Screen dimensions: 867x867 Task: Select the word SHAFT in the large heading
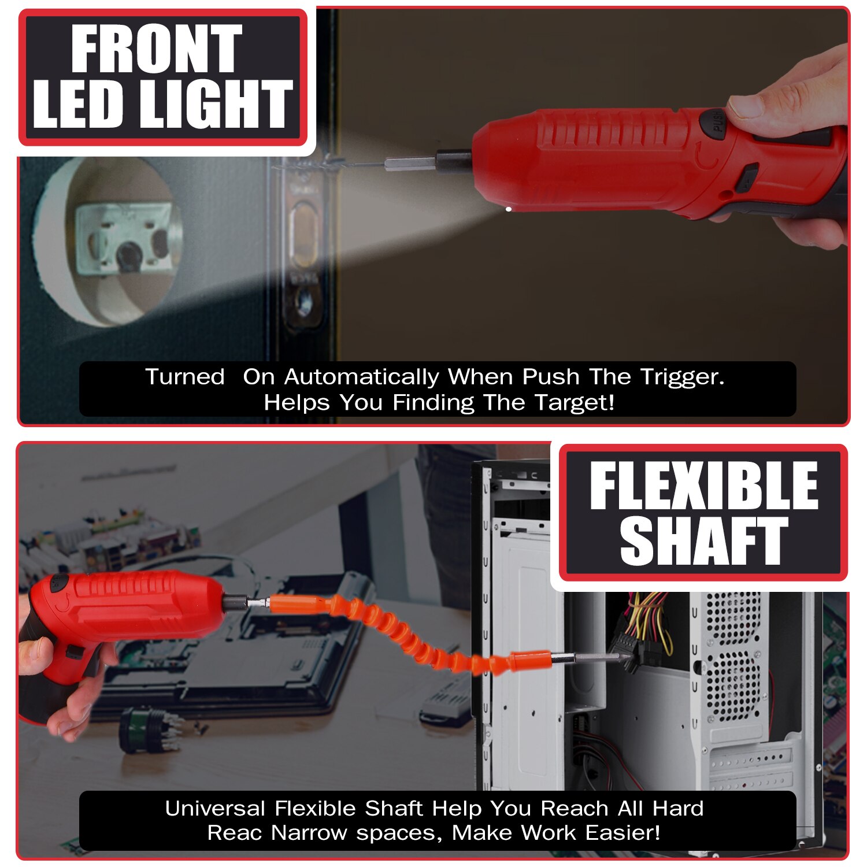point(703,540)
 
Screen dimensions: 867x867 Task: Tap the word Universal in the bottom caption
point(215,808)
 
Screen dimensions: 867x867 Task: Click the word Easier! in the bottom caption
point(623,833)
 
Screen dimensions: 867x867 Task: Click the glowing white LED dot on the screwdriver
point(508,209)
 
